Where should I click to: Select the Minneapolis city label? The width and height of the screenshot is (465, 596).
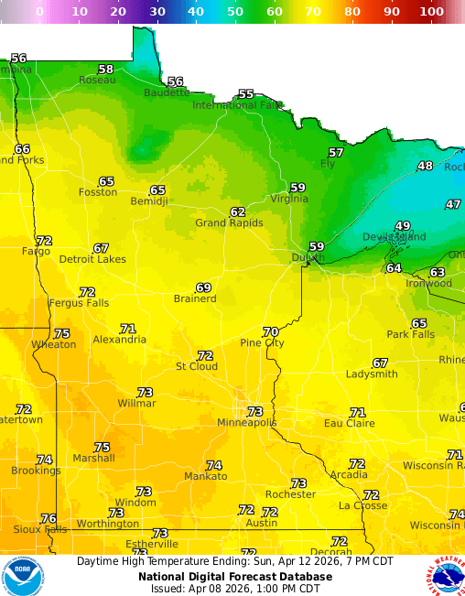pyautogui.click(x=246, y=422)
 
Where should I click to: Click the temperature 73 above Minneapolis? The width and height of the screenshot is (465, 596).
pyautogui.click(x=255, y=411)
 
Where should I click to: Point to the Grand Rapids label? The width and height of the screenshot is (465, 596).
pyautogui.click(x=229, y=222)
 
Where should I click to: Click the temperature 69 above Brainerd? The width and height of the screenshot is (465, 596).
pyautogui.click(x=203, y=287)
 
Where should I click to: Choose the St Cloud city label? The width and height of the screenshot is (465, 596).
pyautogui.click(x=197, y=366)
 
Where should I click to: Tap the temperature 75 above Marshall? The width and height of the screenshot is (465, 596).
pyautogui.click(x=102, y=447)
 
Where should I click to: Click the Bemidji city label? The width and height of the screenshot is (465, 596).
pyautogui.click(x=149, y=200)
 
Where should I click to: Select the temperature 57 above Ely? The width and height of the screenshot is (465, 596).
pyautogui.click(x=336, y=152)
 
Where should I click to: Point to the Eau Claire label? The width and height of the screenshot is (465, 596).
pyautogui.click(x=350, y=423)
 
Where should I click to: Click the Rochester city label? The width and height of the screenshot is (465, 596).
pyautogui.click(x=290, y=494)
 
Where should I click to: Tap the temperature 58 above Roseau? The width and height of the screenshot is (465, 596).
pyautogui.click(x=106, y=69)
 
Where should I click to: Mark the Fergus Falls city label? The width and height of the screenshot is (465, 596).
pyautogui.click(x=79, y=303)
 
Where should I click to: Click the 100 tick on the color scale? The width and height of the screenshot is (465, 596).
pyautogui.click(x=432, y=12)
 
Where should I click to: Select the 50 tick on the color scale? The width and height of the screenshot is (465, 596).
pyautogui.click(x=235, y=12)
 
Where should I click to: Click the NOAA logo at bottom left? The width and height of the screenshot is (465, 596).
pyautogui.click(x=22, y=576)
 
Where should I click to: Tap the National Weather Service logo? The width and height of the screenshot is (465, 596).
pyautogui.click(x=445, y=576)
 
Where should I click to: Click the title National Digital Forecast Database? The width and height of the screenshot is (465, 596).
pyautogui.click(x=234, y=577)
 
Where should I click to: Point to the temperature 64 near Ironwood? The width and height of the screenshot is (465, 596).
pyautogui.click(x=394, y=267)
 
